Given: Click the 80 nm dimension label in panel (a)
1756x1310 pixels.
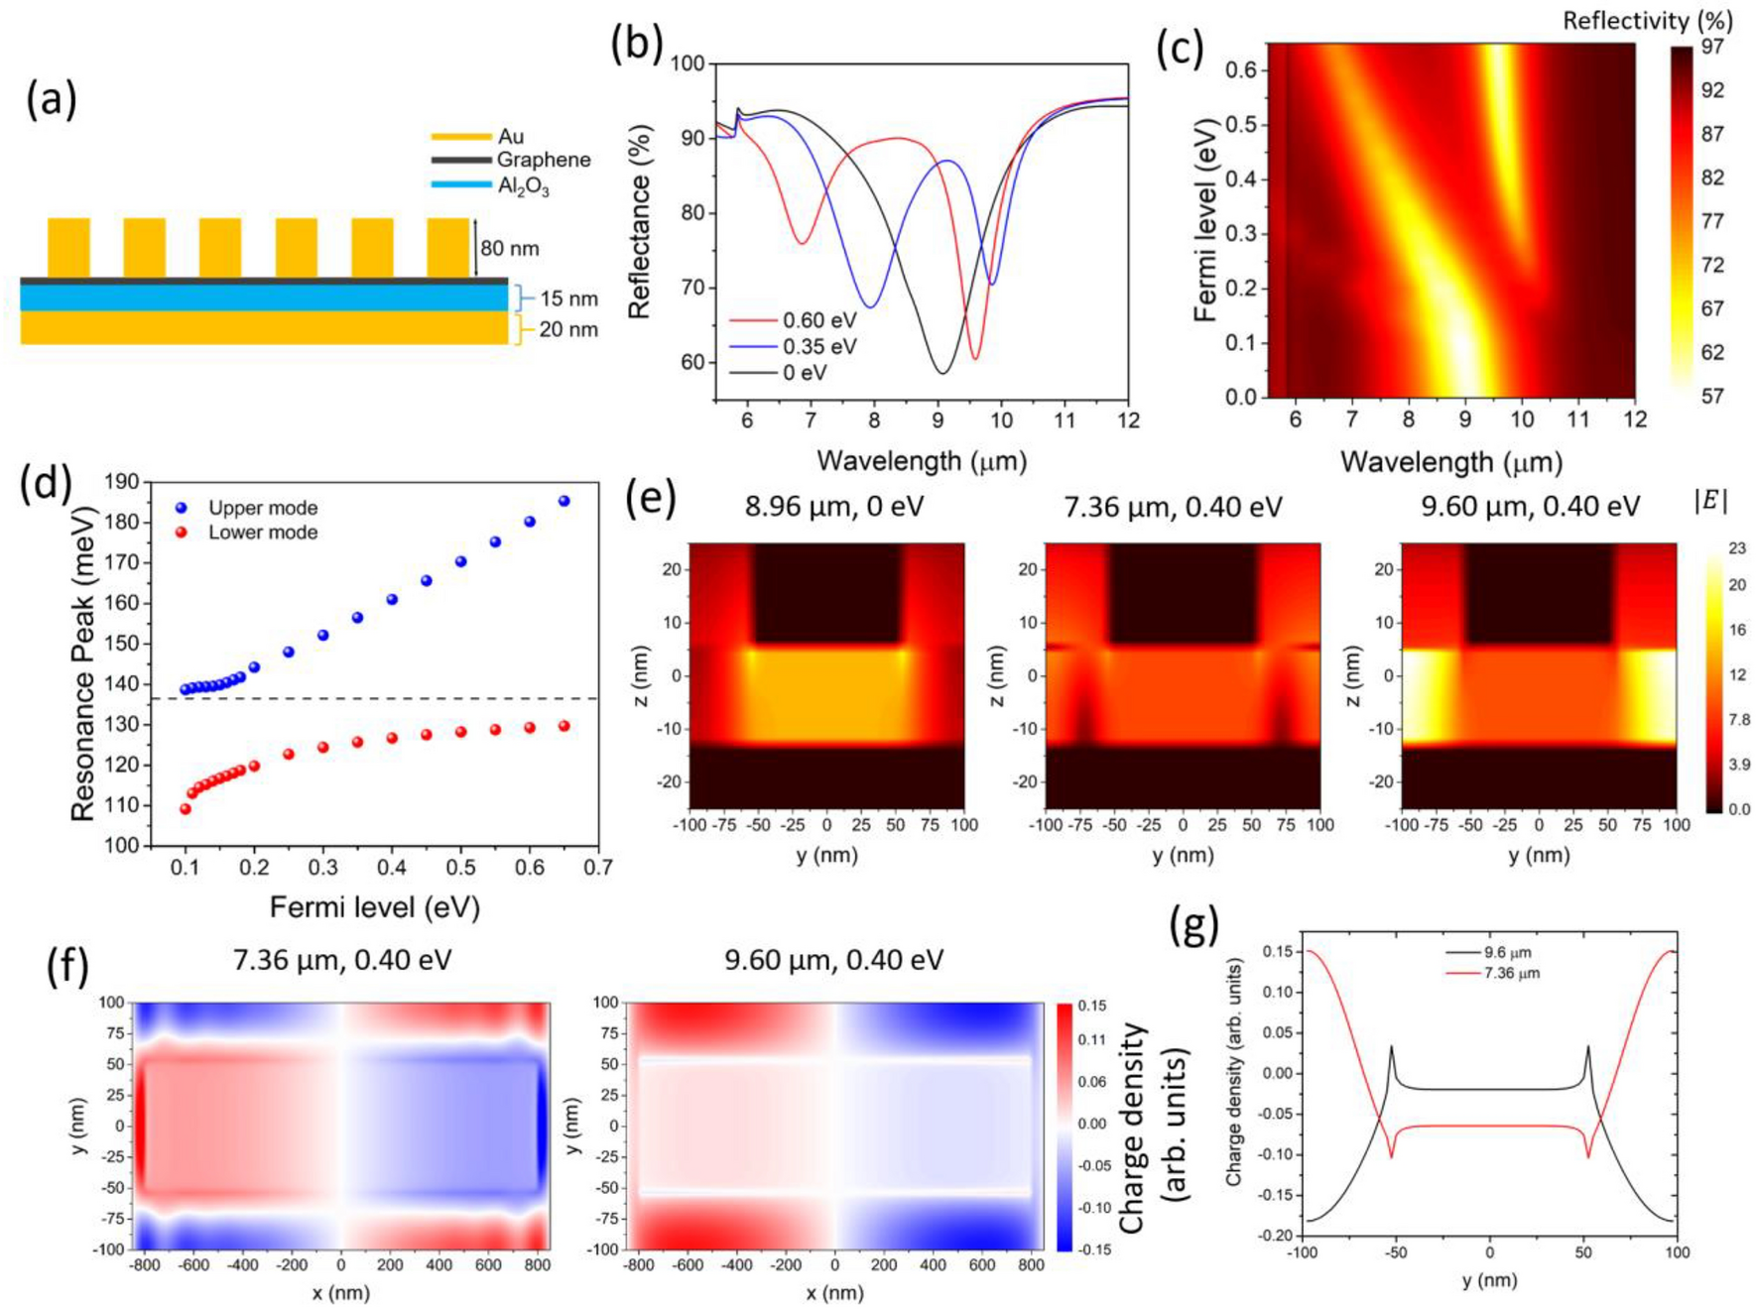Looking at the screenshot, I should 509,249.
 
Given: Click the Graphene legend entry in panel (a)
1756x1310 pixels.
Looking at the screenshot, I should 543,160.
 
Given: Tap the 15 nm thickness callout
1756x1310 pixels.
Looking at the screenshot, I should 568,298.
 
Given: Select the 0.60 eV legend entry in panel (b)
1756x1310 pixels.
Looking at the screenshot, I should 818,320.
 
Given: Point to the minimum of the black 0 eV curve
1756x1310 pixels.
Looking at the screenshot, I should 942,373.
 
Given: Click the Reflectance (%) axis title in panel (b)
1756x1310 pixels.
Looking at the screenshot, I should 640,221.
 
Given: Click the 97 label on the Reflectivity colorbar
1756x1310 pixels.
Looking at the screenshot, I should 1712,47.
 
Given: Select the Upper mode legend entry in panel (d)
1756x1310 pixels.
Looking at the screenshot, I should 262,508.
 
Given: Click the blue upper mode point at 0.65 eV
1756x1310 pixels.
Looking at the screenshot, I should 564,501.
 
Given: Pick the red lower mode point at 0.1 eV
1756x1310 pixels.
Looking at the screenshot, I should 186,808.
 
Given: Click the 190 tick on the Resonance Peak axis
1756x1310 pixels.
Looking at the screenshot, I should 121,482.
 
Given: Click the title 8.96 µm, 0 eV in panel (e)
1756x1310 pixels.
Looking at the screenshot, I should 833,507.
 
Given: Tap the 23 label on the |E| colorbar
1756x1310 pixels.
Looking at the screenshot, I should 1737,548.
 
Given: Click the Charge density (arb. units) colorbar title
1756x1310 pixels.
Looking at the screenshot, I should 1153,1129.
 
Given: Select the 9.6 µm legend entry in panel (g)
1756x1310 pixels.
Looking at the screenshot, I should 1507,952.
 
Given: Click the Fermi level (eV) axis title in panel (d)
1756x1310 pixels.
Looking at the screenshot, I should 374,906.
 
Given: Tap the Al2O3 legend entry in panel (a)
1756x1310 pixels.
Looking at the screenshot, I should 523,185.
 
